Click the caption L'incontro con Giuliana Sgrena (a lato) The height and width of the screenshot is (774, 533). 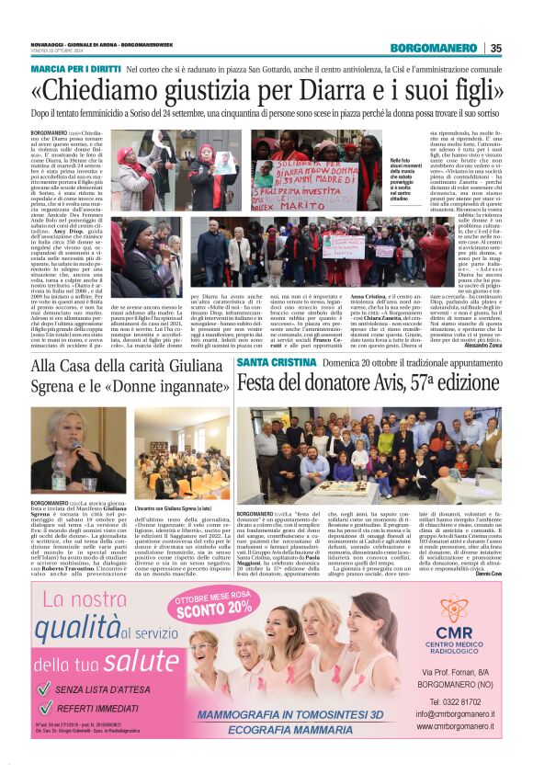point(175,507)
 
